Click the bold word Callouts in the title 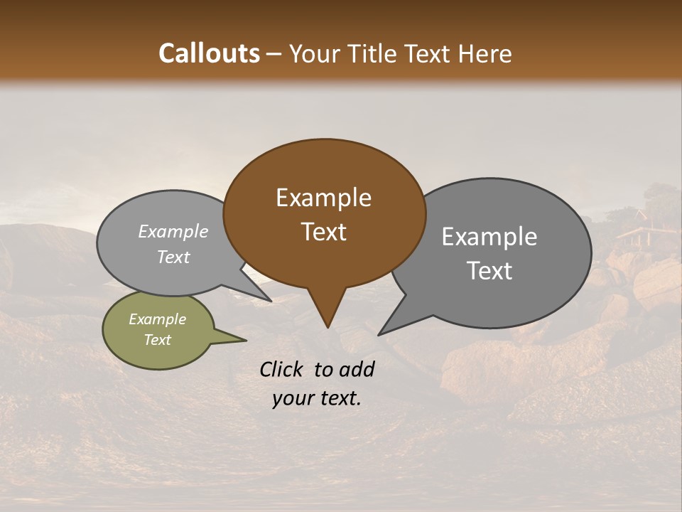click(209, 53)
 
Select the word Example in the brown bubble click(323, 198)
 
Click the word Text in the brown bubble click(323, 232)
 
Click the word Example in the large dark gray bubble click(489, 237)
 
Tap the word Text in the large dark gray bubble click(489, 271)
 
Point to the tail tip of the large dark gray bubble click(379, 334)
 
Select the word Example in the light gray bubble click(173, 231)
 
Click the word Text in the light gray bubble click(173, 257)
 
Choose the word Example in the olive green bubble click(157, 319)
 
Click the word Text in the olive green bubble click(157, 340)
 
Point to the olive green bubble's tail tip click(246, 340)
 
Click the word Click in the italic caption click(281, 369)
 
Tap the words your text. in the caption click(316, 398)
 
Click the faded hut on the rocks click(637, 231)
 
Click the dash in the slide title click(275, 54)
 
